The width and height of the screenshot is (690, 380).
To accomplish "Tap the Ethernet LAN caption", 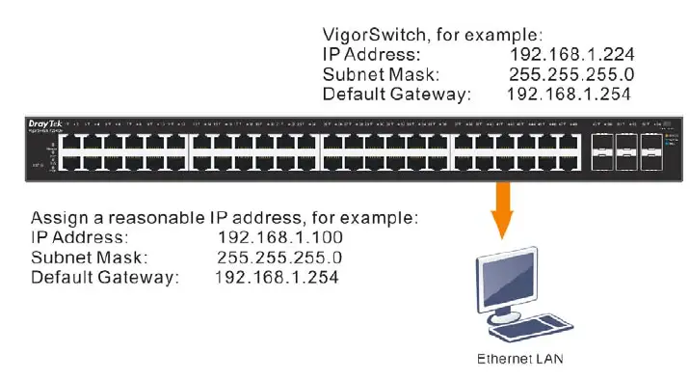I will (x=520, y=359).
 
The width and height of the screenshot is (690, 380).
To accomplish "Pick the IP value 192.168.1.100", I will (x=280, y=237).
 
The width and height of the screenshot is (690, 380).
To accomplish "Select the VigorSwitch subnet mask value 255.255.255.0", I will (x=570, y=74).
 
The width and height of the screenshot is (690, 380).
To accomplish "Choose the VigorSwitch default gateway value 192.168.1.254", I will (x=568, y=95).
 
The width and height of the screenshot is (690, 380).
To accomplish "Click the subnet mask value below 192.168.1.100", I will (x=279, y=258).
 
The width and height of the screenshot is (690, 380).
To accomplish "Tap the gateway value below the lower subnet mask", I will (x=276, y=278).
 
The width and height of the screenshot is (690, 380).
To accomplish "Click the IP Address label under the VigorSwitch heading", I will (x=372, y=54).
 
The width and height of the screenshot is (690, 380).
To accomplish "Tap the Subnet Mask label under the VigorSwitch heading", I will (x=380, y=74).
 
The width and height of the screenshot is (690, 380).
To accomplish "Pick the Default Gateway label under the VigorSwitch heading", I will (x=397, y=95).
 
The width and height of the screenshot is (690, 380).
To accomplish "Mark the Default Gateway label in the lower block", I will (x=105, y=278).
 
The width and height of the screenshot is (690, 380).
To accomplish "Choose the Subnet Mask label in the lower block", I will (x=88, y=258).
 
